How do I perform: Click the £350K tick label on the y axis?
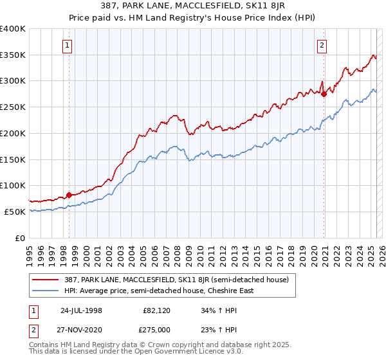pyautogui.click(x=13, y=55)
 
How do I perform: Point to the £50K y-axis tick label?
pyautogui.click(x=15, y=212)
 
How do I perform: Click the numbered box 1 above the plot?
pyautogui.click(x=68, y=45)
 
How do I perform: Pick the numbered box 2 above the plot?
pyautogui.click(x=322, y=45)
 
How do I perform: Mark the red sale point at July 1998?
pyautogui.click(x=69, y=195)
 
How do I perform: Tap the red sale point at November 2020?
pyautogui.click(x=324, y=94)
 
